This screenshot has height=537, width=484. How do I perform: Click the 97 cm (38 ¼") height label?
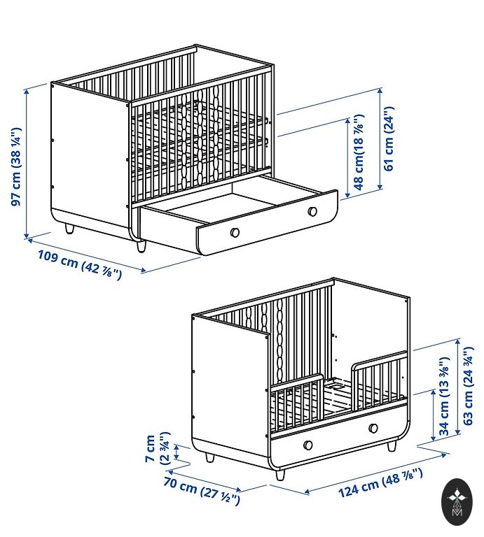16,167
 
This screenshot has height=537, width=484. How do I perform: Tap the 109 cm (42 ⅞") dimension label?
80,265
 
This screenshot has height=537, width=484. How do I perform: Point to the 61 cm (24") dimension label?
389,138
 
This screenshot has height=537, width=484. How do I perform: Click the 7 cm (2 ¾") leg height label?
158,448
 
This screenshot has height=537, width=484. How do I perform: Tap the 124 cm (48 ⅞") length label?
380,483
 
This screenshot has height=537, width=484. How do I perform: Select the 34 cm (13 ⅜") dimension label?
444,396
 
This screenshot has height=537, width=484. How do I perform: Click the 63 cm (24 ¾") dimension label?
468,386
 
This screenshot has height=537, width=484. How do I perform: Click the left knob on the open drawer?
235,232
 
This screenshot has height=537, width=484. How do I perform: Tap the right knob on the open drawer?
312,211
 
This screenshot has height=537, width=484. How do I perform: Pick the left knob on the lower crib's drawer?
308,445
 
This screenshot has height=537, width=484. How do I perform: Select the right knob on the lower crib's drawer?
373,428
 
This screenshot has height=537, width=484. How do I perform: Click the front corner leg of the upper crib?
141,246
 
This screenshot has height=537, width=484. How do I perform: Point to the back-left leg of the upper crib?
69,229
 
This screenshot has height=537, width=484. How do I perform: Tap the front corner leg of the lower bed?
280,475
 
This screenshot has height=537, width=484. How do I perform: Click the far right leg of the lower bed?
392,446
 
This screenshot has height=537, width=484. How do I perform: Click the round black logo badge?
457,503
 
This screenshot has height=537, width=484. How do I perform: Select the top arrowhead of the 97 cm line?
27,91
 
